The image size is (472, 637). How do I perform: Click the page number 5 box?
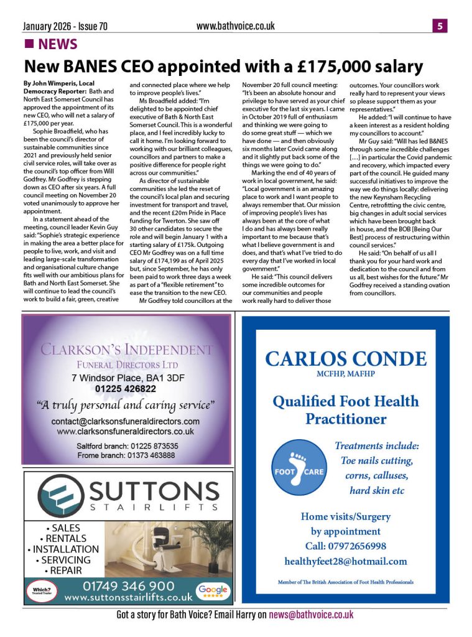[439, 26]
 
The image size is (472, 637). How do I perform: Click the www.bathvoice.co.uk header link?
[235, 26]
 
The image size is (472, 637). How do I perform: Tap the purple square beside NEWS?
[29, 44]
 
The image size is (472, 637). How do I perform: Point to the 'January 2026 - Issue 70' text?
[65, 27]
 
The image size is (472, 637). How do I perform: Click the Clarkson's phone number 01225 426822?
[126, 389]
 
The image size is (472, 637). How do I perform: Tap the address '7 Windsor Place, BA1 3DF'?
[126, 377]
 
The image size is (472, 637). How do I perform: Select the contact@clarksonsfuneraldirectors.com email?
[126, 421]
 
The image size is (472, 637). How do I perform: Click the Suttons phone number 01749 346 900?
[128, 585]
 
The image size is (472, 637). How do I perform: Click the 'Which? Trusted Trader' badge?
[41, 590]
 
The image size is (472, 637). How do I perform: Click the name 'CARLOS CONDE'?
[346, 359]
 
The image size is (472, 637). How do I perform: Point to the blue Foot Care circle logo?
[298, 472]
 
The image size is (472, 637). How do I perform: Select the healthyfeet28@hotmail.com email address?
[345, 561]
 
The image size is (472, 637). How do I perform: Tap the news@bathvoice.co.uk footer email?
[311, 615]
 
